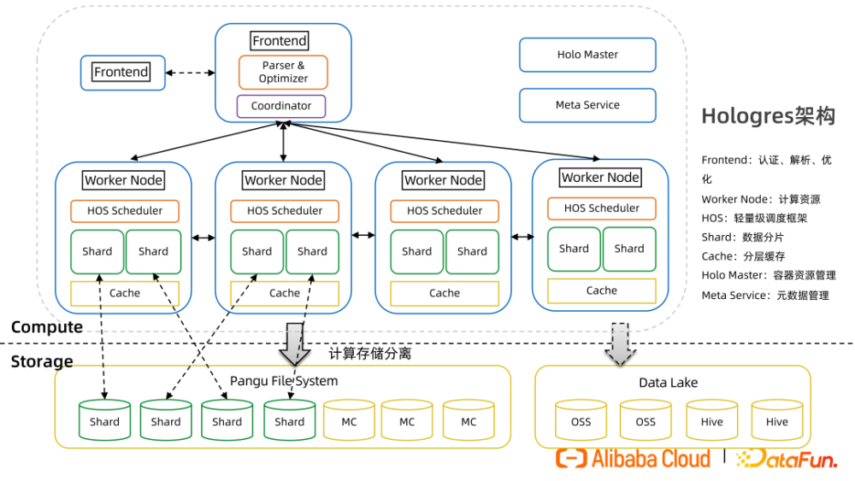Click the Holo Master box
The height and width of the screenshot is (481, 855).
pos(587,55)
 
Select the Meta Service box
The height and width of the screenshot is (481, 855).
pos(587,105)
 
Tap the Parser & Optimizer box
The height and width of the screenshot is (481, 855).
pos(283,72)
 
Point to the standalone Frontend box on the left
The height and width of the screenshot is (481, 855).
pos(121,73)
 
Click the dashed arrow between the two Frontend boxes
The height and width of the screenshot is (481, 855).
pos(189,73)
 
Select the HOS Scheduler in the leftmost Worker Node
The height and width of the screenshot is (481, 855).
pos(125,211)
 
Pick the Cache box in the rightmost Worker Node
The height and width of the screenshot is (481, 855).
pos(601,290)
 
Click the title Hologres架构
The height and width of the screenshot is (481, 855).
pos(768,116)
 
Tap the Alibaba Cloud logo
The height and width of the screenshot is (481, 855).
pos(634,459)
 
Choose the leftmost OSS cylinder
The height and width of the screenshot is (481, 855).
pos(581,419)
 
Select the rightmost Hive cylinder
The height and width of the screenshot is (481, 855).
pos(776,419)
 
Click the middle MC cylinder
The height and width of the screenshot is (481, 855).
pos(407,419)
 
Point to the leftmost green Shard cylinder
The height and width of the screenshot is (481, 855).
pos(104,419)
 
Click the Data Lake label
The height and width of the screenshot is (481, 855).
pos(669,383)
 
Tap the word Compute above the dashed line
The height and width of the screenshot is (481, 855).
pos(47,326)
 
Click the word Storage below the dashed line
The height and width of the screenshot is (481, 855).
pos(42,361)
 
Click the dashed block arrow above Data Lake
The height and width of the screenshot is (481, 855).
pos(618,342)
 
